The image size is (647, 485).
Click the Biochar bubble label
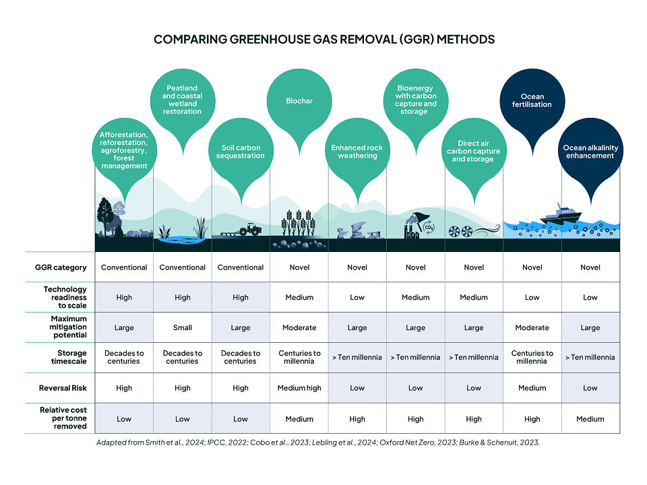pyautogui.click(x=299, y=101)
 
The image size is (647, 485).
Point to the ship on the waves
pyautogui.click(x=560, y=214)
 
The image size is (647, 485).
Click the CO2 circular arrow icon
pyautogui.click(x=429, y=227)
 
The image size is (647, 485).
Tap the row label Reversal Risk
pyautogui.click(x=63, y=388)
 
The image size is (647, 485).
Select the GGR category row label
pyautogui.click(x=61, y=267)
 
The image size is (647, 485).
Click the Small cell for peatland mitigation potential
pyautogui.click(x=183, y=327)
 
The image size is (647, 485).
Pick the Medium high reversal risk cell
pyautogui.click(x=299, y=388)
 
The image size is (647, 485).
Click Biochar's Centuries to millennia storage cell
pyautogui.click(x=299, y=357)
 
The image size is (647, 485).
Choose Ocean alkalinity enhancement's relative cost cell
pyautogui.click(x=590, y=419)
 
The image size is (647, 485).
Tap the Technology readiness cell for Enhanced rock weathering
pyautogui.click(x=357, y=297)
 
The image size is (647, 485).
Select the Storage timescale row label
pyautogui.click(x=69, y=357)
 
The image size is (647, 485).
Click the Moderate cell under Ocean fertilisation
pyautogui.click(x=532, y=327)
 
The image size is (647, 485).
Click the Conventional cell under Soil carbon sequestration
pyautogui.click(x=241, y=267)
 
